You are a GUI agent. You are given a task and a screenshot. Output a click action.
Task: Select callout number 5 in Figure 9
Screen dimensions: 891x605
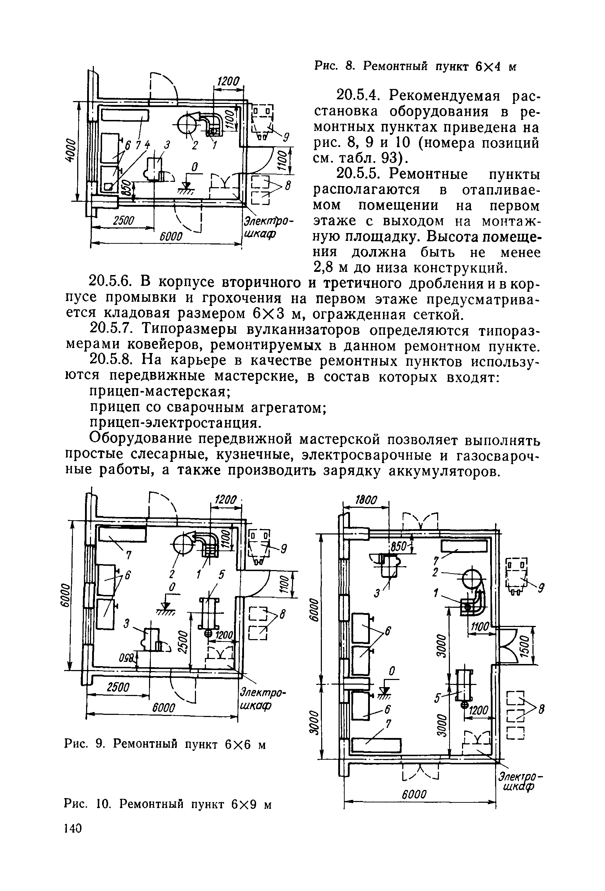tap(221, 575)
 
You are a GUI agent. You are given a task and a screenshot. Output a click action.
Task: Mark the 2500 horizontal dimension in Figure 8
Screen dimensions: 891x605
tap(124, 221)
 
